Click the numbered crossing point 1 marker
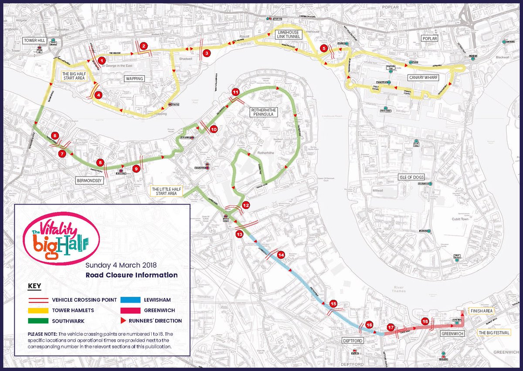coord(102,60)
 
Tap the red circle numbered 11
coord(236,92)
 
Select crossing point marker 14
coord(281,255)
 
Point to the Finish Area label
coord(481,311)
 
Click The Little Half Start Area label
coord(166,191)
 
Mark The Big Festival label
coord(495,333)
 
